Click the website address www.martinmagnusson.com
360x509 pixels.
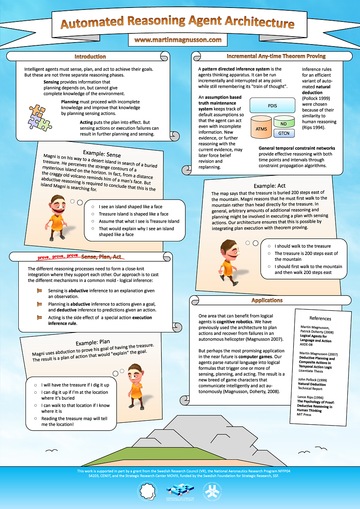(177, 40)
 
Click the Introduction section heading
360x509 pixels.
(90, 56)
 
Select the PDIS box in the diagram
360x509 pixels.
(272, 106)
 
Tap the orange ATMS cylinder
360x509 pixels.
(261, 128)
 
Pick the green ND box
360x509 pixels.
(284, 124)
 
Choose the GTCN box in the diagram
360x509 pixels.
(284, 133)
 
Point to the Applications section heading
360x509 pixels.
(267, 300)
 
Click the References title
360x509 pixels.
(320, 319)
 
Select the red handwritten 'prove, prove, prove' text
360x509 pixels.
(58, 257)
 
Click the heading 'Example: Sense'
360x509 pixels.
(101, 153)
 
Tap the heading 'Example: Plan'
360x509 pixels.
(93, 343)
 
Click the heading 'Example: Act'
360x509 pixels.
(269, 186)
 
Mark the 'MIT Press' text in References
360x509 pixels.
(305, 414)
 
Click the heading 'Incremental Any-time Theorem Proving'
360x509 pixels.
(276, 56)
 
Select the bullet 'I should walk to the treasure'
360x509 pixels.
(302, 246)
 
